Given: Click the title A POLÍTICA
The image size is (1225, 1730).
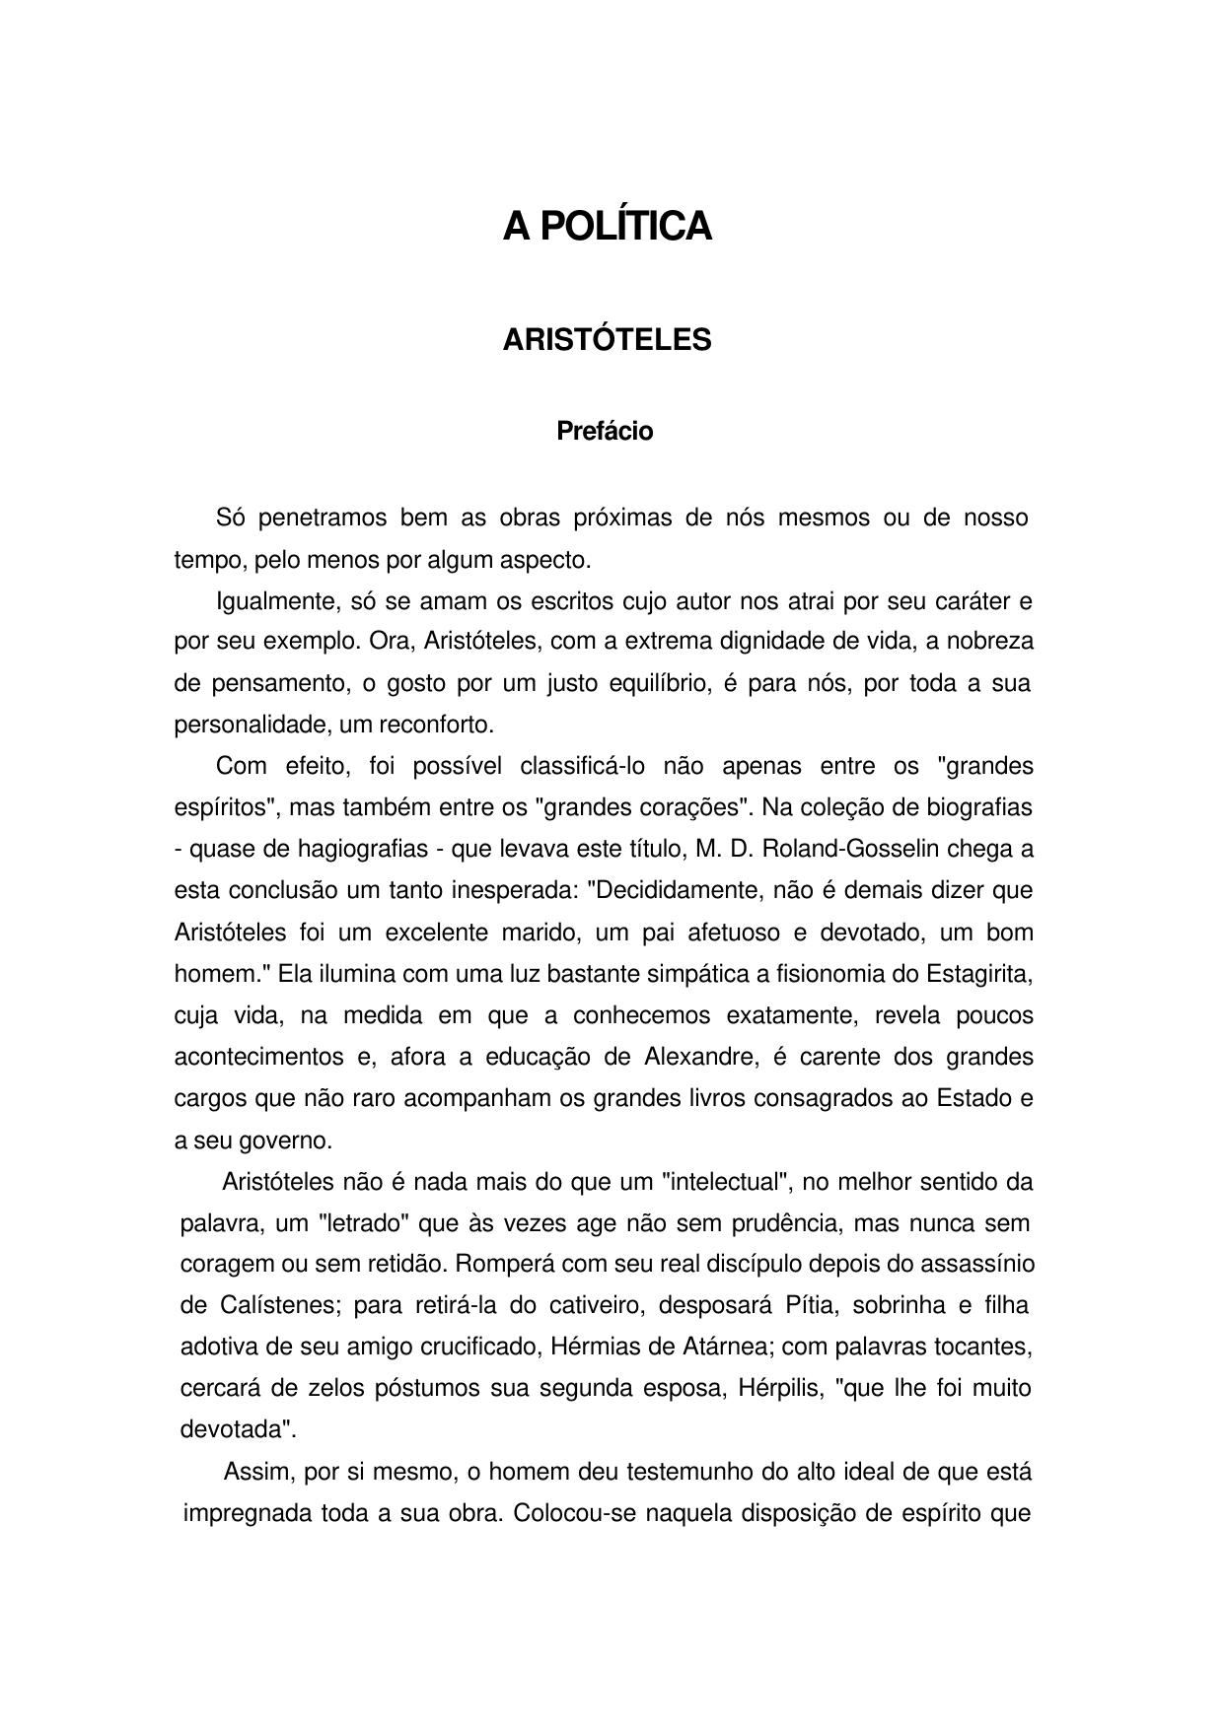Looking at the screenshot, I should [607, 227].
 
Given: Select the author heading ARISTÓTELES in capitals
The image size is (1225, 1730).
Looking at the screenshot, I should [607, 340].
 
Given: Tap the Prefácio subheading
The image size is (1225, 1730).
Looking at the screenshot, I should [605, 432].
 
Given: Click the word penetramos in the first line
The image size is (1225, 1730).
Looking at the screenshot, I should [323, 519].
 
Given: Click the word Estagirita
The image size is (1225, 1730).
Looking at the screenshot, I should [977, 974].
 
